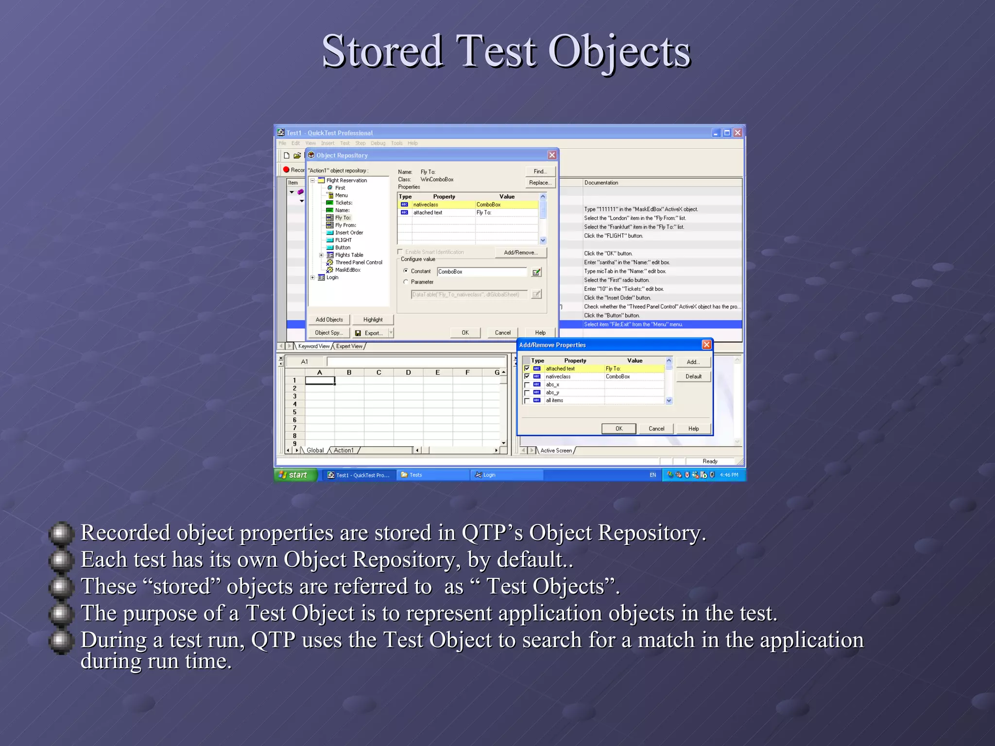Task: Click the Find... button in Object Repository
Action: click(540, 171)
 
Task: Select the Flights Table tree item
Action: click(349, 255)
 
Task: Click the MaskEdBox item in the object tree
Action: click(347, 270)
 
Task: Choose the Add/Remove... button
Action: click(520, 253)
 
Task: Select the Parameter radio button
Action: click(406, 282)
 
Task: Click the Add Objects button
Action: click(329, 320)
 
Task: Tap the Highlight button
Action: click(373, 320)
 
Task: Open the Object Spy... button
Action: click(329, 333)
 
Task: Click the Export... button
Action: click(372, 333)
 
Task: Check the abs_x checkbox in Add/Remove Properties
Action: click(527, 385)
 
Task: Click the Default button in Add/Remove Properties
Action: click(693, 376)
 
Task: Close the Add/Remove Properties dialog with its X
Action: click(706, 345)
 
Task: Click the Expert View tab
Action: click(349, 346)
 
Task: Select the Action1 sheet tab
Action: click(343, 451)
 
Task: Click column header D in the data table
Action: click(408, 373)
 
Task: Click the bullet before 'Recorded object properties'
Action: click(60, 533)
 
